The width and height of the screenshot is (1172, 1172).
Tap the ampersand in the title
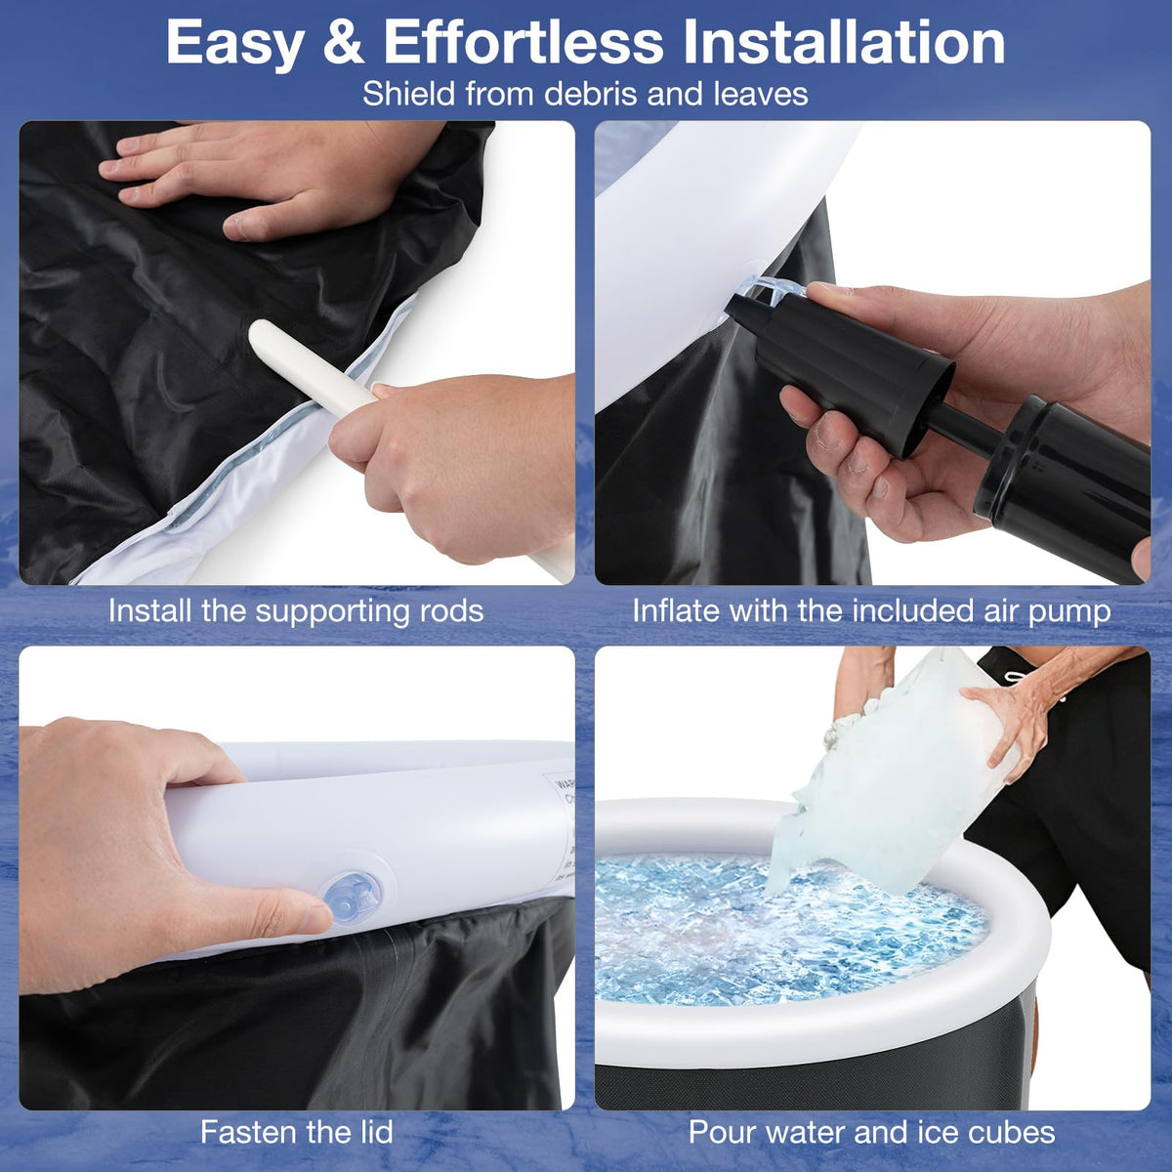(x=344, y=43)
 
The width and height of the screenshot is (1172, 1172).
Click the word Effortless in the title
(x=523, y=43)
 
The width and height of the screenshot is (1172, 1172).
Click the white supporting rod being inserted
(x=311, y=365)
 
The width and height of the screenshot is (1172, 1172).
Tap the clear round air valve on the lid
(x=352, y=898)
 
